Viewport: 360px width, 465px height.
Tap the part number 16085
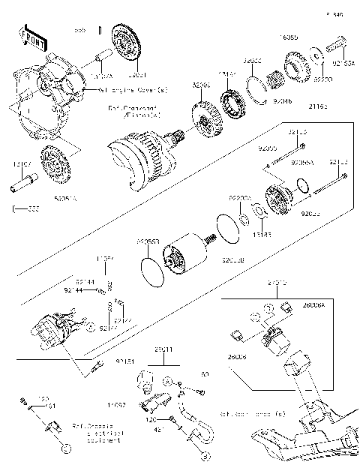click(x=289, y=35)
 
